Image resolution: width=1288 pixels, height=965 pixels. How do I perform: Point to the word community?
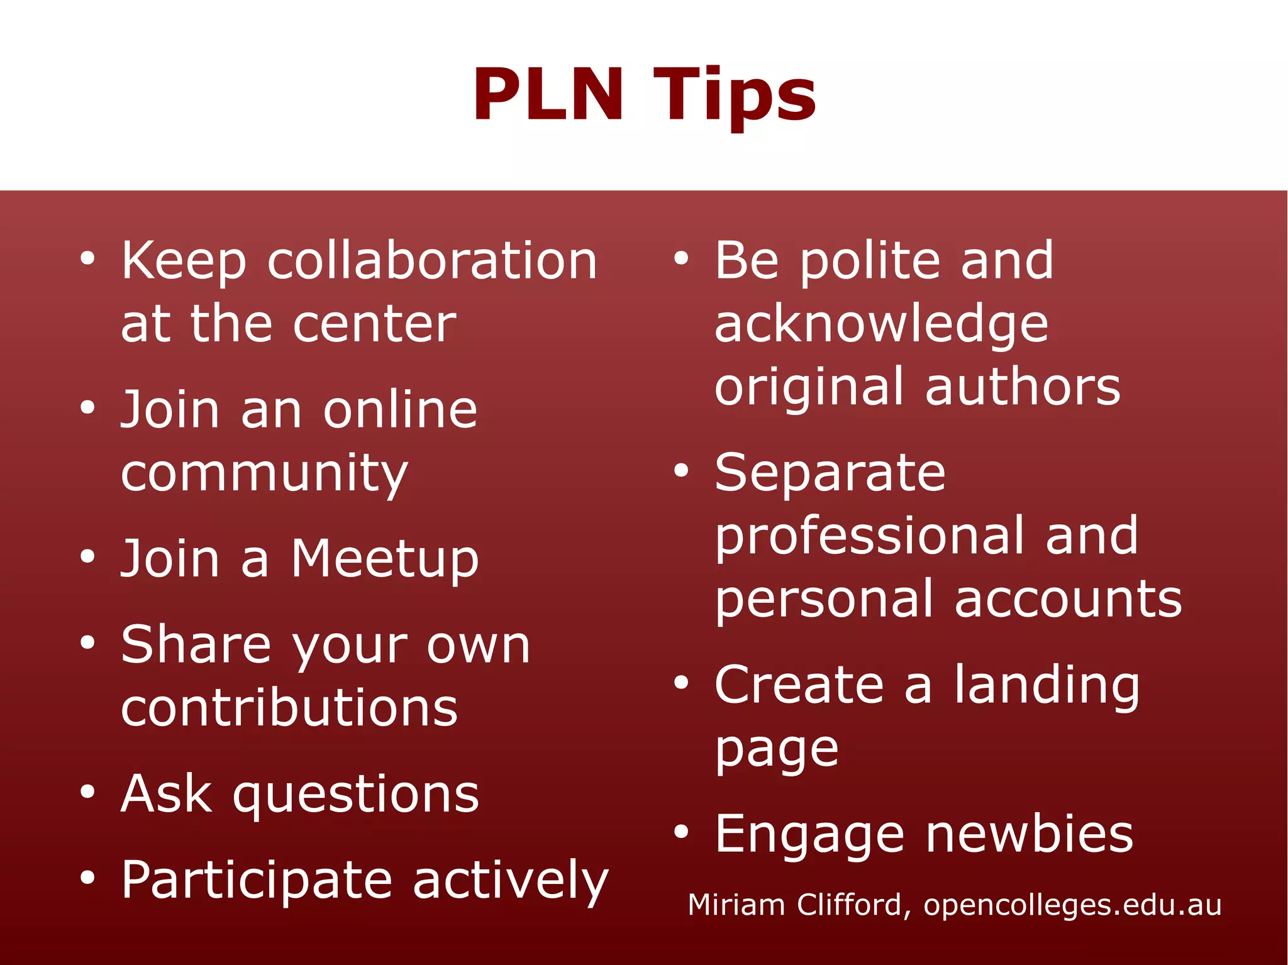click(x=264, y=474)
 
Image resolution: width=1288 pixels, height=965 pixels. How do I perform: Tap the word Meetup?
click(x=385, y=559)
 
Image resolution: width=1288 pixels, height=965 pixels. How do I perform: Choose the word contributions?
click(x=289, y=708)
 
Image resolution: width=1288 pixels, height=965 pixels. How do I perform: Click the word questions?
click(x=356, y=795)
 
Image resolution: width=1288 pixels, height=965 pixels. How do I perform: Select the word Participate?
click(x=257, y=881)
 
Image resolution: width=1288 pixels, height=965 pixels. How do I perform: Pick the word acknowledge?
click(x=881, y=325)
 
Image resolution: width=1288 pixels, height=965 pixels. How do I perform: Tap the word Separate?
click(x=830, y=473)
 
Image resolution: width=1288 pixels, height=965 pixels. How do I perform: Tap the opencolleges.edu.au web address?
click(x=1072, y=905)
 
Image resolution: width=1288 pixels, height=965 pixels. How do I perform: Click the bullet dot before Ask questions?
click(x=87, y=792)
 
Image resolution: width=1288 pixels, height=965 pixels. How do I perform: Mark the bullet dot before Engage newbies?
click(x=681, y=832)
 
